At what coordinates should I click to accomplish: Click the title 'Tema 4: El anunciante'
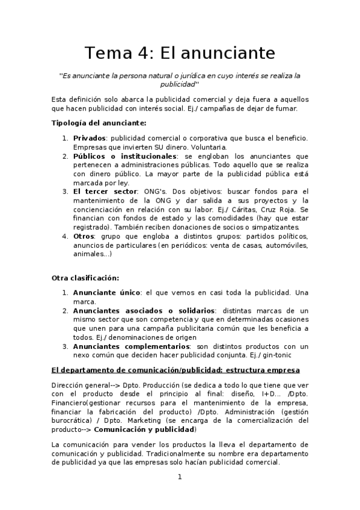point(180,53)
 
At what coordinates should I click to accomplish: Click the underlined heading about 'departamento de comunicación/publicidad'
point(175,369)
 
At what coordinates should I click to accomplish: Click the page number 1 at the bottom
point(179,477)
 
